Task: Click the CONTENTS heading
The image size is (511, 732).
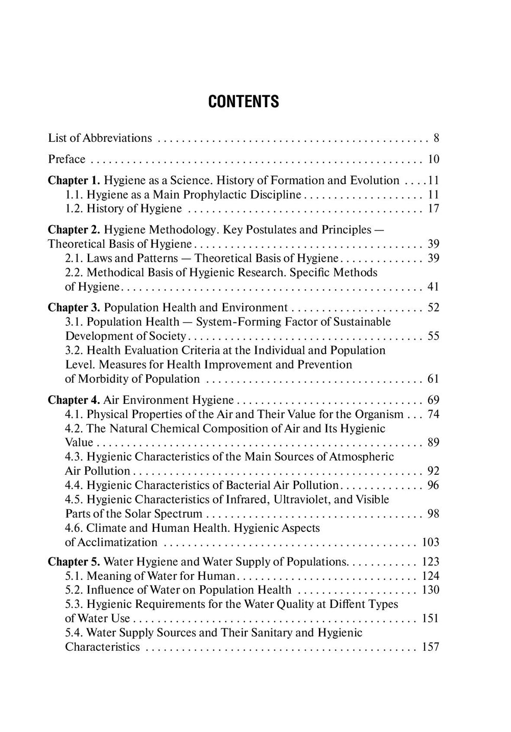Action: pyautogui.click(x=244, y=102)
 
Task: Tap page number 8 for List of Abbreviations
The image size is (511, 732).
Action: pyautogui.click(x=436, y=138)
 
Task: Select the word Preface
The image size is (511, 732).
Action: pyautogui.click(x=67, y=159)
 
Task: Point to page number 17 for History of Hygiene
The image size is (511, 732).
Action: pyautogui.click(x=433, y=209)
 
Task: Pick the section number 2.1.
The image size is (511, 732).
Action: pyautogui.click(x=74, y=258)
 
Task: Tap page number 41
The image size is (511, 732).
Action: pyautogui.click(x=433, y=287)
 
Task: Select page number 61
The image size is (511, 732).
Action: pyautogui.click(x=433, y=379)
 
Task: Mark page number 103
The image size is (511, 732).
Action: pyautogui.click(x=431, y=542)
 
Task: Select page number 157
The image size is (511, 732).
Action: pyautogui.click(x=431, y=647)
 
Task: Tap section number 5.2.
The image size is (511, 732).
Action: pyautogui.click(x=74, y=590)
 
